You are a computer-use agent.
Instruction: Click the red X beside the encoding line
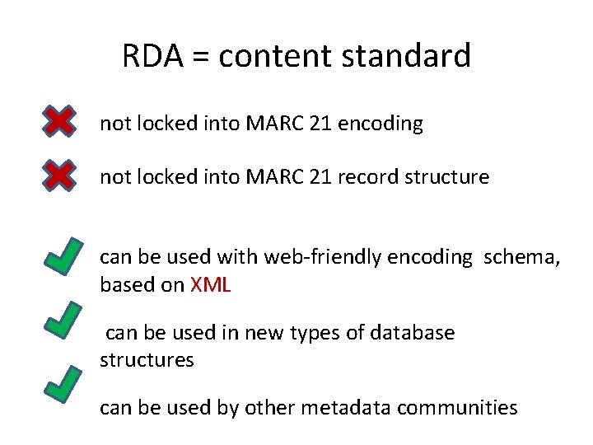[x=58, y=123]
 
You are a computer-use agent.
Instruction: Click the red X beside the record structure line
[x=58, y=176]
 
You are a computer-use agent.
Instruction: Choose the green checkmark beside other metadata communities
[x=63, y=386]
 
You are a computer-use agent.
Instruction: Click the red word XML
[x=211, y=285]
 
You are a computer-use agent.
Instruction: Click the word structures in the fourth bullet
[x=147, y=360]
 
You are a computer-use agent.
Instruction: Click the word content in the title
[x=268, y=56]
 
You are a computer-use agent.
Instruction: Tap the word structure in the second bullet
[x=451, y=176]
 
